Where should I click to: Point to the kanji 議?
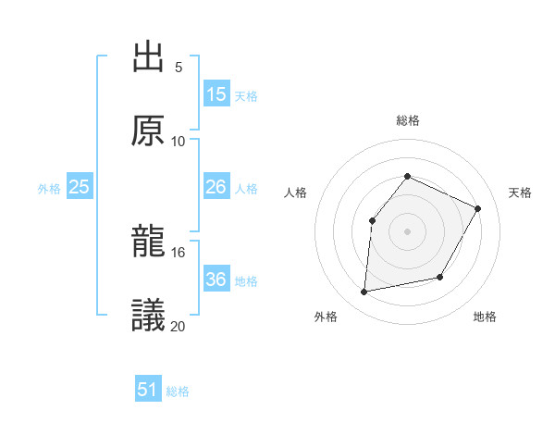click(148, 315)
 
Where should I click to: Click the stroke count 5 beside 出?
click(179, 67)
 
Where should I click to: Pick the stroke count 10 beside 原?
click(179, 141)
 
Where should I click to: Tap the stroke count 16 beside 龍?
click(179, 252)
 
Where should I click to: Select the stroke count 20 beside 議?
click(179, 325)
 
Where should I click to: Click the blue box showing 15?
click(216, 94)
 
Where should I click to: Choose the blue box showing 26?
click(216, 188)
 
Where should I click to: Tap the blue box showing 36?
click(216, 280)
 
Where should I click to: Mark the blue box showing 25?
click(80, 188)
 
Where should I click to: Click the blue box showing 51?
click(148, 390)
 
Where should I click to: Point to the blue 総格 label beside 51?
click(178, 391)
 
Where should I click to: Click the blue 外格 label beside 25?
click(49, 189)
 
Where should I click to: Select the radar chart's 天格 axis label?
click(520, 193)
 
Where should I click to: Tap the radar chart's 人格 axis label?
click(296, 193)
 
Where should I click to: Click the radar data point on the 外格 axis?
click(364, 292)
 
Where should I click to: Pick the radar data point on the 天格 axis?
click(478, 208)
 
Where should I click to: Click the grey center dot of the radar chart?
click(407, 230)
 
